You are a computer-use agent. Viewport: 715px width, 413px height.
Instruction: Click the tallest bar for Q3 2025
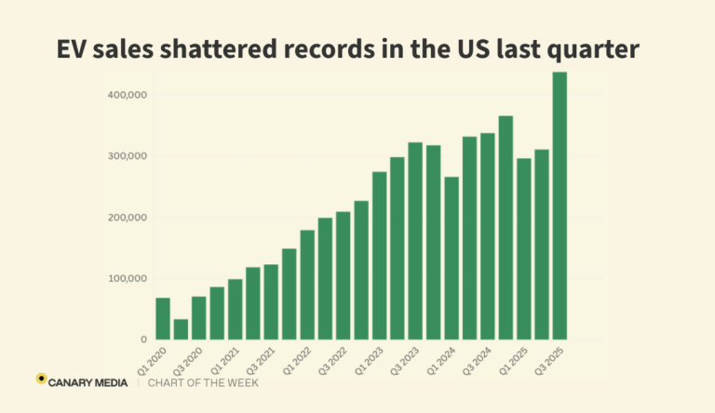click(560, 206)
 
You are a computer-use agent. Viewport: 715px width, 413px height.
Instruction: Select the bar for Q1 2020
click(163, 318)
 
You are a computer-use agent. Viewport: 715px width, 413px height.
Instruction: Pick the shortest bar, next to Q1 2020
click(181, 329)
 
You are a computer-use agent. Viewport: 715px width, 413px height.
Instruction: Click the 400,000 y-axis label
click(128, 95)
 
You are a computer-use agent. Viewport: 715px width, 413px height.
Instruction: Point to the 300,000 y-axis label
click(128, 156)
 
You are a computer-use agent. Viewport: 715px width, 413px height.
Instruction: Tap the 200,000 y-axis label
click(128, 218)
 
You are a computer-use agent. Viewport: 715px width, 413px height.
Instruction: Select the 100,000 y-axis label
click(128, 278)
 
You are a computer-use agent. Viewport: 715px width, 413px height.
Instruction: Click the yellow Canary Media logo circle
click(42, 380)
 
